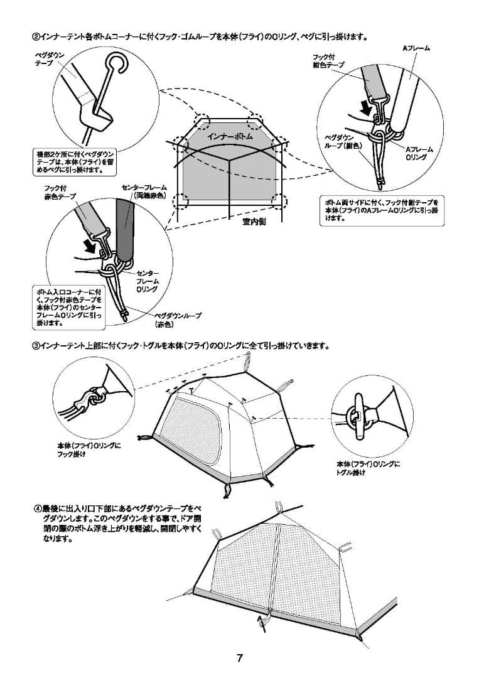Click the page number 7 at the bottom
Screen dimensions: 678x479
[239, 659]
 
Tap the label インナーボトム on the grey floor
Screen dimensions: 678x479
[230, 135]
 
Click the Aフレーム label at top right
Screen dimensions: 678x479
[416, 48]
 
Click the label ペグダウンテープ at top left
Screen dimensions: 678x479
[48, 60]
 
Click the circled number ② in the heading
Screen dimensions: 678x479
[36, 36]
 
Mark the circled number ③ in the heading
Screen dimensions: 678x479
[36, 346]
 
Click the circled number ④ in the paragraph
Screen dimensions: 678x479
[37, 507]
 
